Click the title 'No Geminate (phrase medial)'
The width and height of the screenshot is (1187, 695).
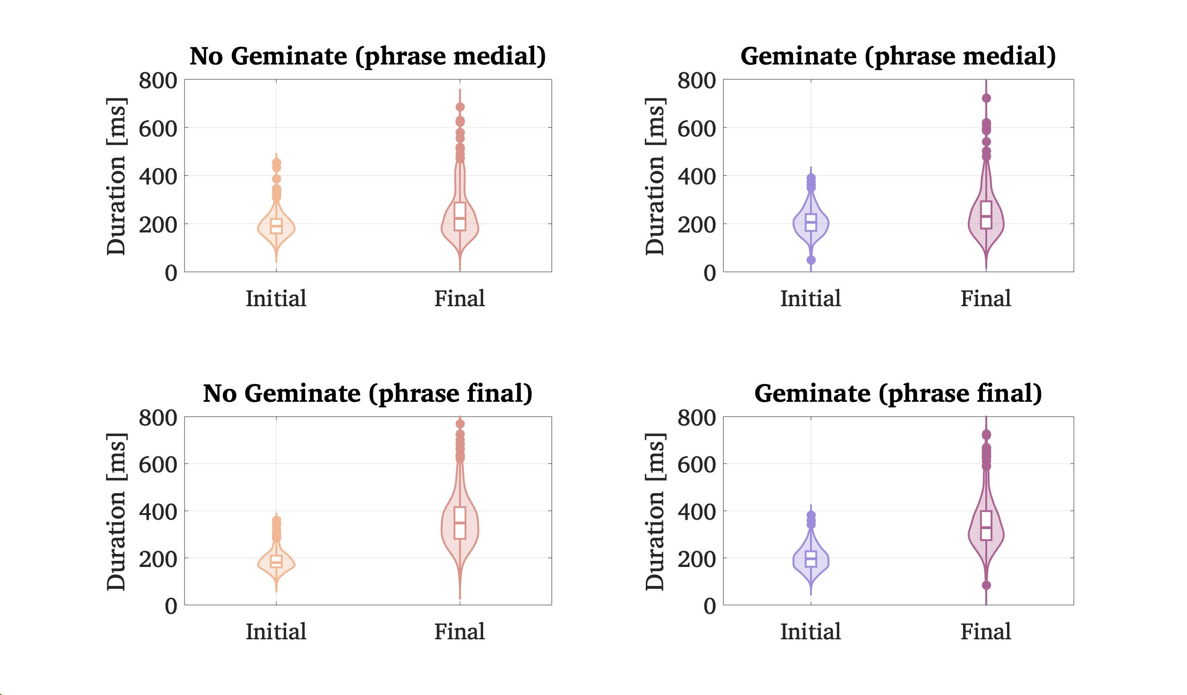click(x=367, y=57)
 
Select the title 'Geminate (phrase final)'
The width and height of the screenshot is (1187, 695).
click(x=898, y=393)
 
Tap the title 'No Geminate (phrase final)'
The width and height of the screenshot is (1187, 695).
click(x=367, y=393)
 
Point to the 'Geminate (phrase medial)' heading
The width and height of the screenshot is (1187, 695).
click(x=898, y=57)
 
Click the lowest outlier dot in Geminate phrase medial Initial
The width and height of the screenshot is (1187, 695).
click(x=810, y=260)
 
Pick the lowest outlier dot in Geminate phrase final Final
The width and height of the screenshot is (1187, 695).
click(x=986, y=585)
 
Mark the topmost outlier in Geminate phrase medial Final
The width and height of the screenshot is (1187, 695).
click(x=986, y=98)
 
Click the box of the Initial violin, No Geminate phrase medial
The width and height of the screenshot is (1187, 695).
click(x=276, y=226)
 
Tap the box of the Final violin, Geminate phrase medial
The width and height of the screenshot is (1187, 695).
click(x=986, y=215)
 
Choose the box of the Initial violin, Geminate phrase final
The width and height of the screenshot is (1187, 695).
click(x=810, y=559)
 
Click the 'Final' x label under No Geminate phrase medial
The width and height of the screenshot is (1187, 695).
click(x=459, y=299)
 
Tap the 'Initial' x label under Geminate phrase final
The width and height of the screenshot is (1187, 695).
click(x=810, y=632)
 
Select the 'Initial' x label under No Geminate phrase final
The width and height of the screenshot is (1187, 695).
click(x=276, y=632)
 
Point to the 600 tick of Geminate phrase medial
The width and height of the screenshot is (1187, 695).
click(x=696, y=128)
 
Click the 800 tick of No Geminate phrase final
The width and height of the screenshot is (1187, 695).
click(x=158, y=418)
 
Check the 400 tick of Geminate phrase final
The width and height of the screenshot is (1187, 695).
click(x=696, y=512)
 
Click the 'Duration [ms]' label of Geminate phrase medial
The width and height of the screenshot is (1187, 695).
click(x=655, y=176)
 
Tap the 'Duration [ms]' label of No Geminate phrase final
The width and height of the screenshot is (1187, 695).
click(x=116, y=512)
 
